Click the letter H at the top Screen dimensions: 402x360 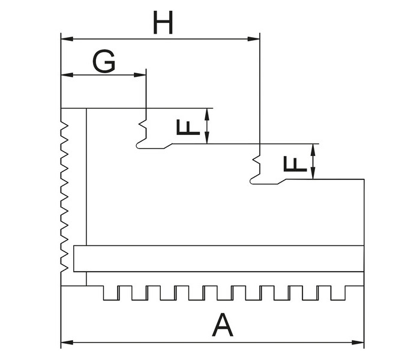click(x=163, y=23)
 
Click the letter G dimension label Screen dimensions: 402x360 click(x=104, y=61)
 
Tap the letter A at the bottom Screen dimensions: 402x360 click(x=222, y=325)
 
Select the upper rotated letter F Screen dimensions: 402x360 click(x=188, y=128)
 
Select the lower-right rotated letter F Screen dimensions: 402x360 click(x=295, y=164)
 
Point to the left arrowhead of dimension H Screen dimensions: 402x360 click(x=67, y=39)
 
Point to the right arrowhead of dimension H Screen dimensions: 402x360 click(x=254, y=39)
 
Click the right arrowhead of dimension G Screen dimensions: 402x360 click(x=140, y=75)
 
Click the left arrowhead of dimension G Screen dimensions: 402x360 click(x=67, y=75)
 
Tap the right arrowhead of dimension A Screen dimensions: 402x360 click(x=358, y=343)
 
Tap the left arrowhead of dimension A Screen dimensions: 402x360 click(x=67, y=343)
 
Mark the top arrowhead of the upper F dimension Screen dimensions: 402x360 click(x=207, y=115)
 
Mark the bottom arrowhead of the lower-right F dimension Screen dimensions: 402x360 click(x=313, y=173)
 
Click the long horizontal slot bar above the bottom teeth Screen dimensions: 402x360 click(x=218, y=259)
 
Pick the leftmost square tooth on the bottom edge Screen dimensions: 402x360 click(x=111, y=293)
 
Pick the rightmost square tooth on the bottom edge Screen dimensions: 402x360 click(x=338, y=293)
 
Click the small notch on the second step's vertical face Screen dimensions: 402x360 click(x=256, y=160)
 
